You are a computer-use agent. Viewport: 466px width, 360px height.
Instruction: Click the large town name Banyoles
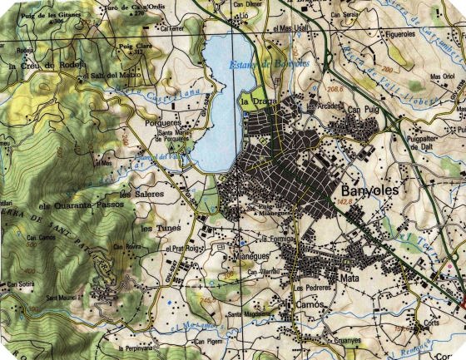point(370,190)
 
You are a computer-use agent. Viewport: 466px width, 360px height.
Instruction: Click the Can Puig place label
point(362,110)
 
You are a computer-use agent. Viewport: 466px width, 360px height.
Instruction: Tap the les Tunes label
point(155,227)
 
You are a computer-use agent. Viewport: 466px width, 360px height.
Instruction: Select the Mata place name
point(349,279)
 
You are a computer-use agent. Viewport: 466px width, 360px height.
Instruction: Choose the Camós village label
point(310,304)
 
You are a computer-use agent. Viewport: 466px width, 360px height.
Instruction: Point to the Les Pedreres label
point(312,287)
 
